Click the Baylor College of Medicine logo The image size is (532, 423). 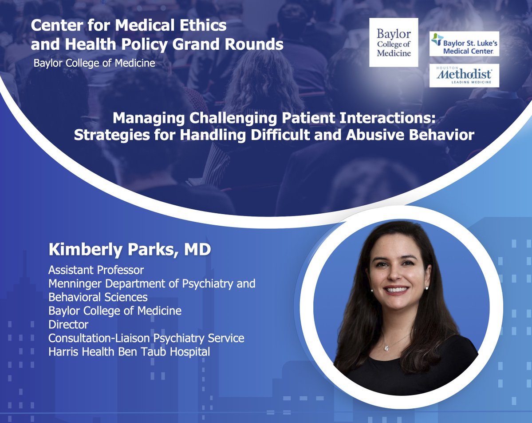point(394,43)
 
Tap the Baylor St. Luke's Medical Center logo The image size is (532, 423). point(465,44)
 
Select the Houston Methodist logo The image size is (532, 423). point(464,76)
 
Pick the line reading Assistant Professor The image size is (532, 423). point(96,270)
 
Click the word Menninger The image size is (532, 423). point(72,283)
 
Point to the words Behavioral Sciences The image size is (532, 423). point(98,297)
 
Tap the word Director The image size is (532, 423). point(68,324)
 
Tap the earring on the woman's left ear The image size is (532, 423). point(426,288)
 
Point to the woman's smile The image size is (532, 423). point(398,289)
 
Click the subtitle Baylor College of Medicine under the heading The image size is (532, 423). point(95,63)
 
